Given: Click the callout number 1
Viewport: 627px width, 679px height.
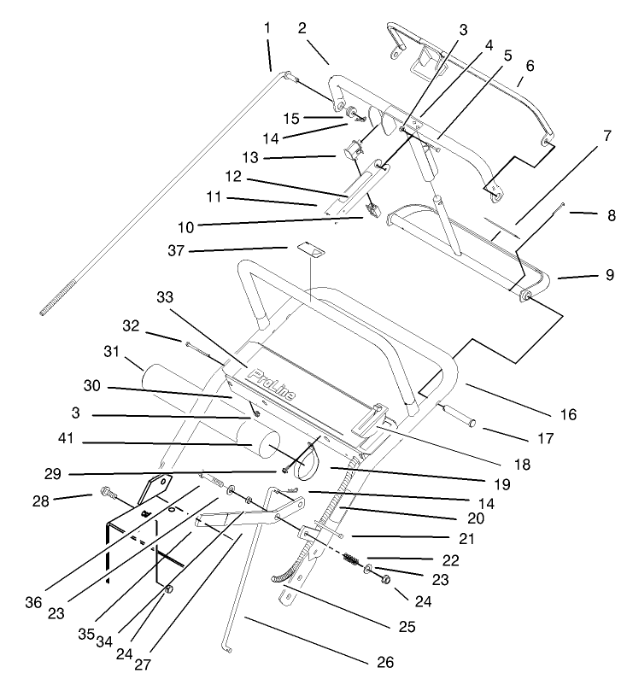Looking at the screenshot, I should (267, 27).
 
